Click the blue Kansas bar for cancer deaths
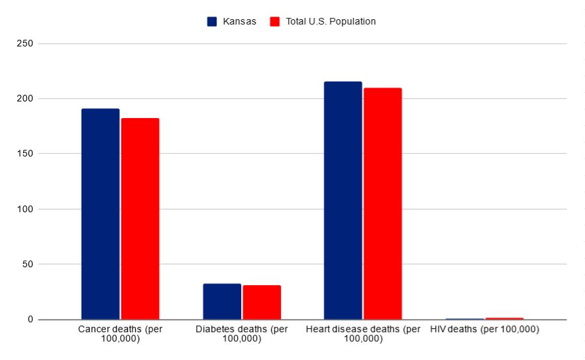100,213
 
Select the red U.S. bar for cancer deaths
140,219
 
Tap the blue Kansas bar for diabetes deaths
222,302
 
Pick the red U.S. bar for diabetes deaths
262,302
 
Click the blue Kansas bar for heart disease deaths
343,200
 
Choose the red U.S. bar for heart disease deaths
382,204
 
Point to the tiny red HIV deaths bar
504,319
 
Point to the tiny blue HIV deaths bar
464,319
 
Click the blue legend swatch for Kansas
212,21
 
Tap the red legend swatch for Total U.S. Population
275,21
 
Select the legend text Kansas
240,21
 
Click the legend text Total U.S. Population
331,21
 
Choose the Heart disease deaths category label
363,333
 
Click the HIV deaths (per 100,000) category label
484,330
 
